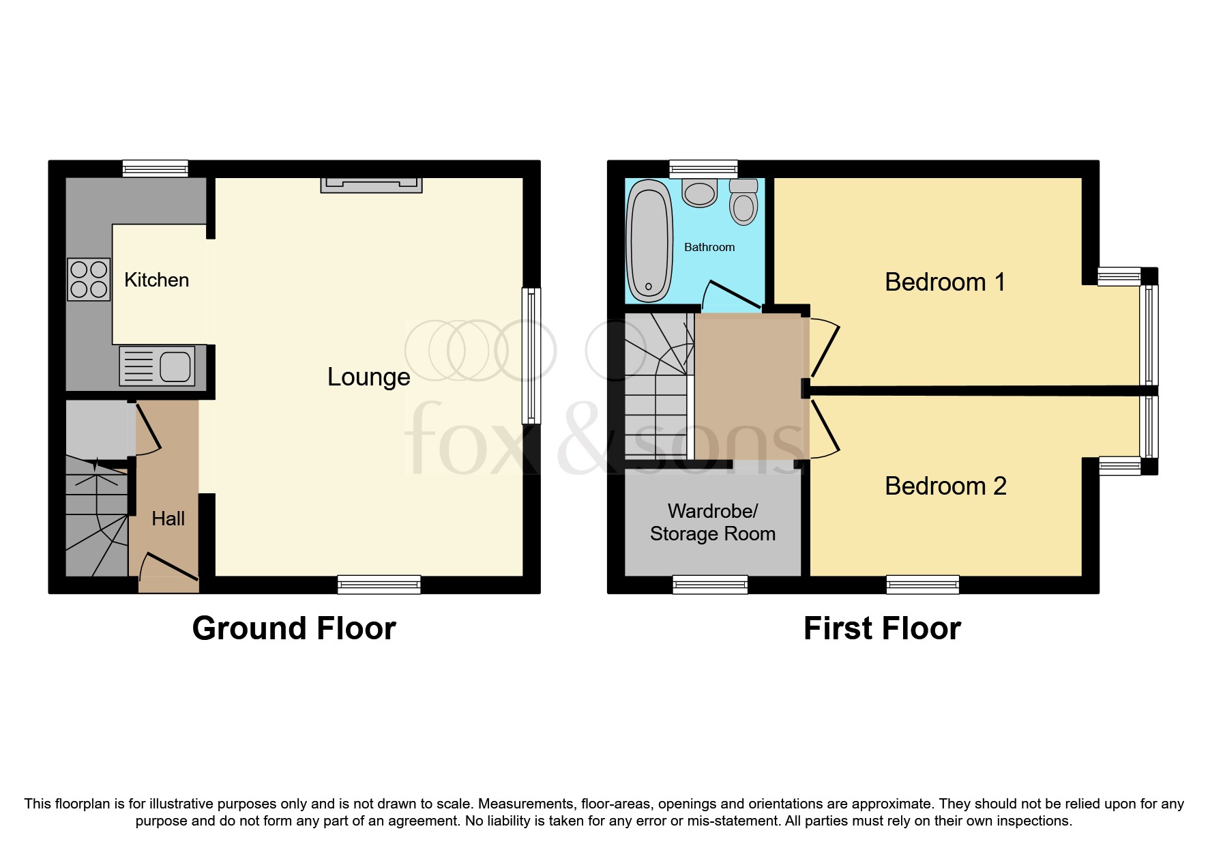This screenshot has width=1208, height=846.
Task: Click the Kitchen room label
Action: [156, 280]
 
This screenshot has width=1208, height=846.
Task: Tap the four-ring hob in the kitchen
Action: [89, 280]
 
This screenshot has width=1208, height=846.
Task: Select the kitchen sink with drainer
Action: [158, 366]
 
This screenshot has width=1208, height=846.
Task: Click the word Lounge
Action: [368, 377]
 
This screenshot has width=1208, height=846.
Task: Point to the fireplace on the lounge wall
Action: [371, 184]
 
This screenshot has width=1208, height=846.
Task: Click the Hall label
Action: [168, 519]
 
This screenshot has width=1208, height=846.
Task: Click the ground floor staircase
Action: [96, 519]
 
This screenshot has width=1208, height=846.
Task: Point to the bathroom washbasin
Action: [699, 192]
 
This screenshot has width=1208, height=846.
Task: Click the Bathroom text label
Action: [709, 247]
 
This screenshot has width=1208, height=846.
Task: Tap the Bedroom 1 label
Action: [945, 282]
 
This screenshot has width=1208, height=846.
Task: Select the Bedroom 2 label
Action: [945, 486]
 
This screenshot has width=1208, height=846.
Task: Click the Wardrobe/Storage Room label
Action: [712, 522]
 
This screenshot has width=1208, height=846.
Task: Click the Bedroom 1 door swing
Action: [824, 348]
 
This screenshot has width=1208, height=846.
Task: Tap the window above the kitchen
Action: [155, 168]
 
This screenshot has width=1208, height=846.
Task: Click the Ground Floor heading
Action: [294, 628]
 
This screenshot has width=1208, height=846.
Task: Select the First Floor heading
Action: [882, 628]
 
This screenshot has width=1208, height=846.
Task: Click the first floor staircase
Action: [657, 389]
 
